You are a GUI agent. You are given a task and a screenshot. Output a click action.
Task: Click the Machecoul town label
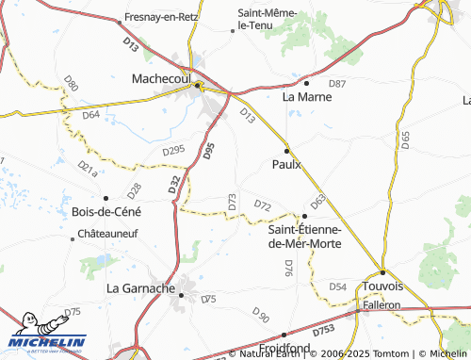(162, 78)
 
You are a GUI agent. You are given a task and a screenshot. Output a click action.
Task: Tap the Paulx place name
(286, 164)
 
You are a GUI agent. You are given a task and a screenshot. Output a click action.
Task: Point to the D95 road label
(209, 150)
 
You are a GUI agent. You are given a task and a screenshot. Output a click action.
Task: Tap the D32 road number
(175, 186)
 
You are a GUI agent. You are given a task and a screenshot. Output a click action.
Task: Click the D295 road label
(173, 150)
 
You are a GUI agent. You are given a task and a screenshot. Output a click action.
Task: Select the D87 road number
(337, 84)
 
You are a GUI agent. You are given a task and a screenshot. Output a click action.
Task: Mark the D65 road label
(405, 140)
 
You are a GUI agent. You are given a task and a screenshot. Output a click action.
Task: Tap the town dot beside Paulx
(286, 150)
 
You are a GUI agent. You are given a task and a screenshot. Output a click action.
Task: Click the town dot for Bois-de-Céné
(106, 198)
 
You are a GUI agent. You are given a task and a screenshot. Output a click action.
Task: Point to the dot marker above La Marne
(306, 83)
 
